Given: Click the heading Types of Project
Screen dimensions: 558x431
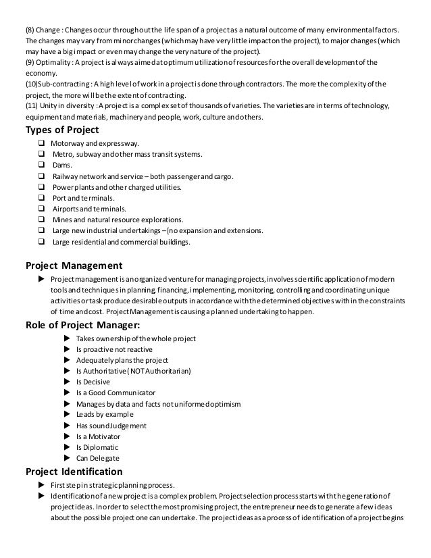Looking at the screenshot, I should point(62,130).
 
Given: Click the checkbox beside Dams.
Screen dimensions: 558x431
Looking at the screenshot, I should point(42,165).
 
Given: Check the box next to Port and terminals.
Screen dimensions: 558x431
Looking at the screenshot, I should point(42,198).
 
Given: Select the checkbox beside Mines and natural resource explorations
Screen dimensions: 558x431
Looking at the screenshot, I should point(42,220).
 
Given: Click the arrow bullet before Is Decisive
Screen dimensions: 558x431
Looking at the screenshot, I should point(66,382).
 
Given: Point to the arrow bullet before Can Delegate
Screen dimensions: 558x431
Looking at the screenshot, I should point(66,458).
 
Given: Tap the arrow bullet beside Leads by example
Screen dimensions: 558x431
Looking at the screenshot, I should point(66,414).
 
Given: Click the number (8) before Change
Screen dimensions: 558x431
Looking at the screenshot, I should point(31,31).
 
